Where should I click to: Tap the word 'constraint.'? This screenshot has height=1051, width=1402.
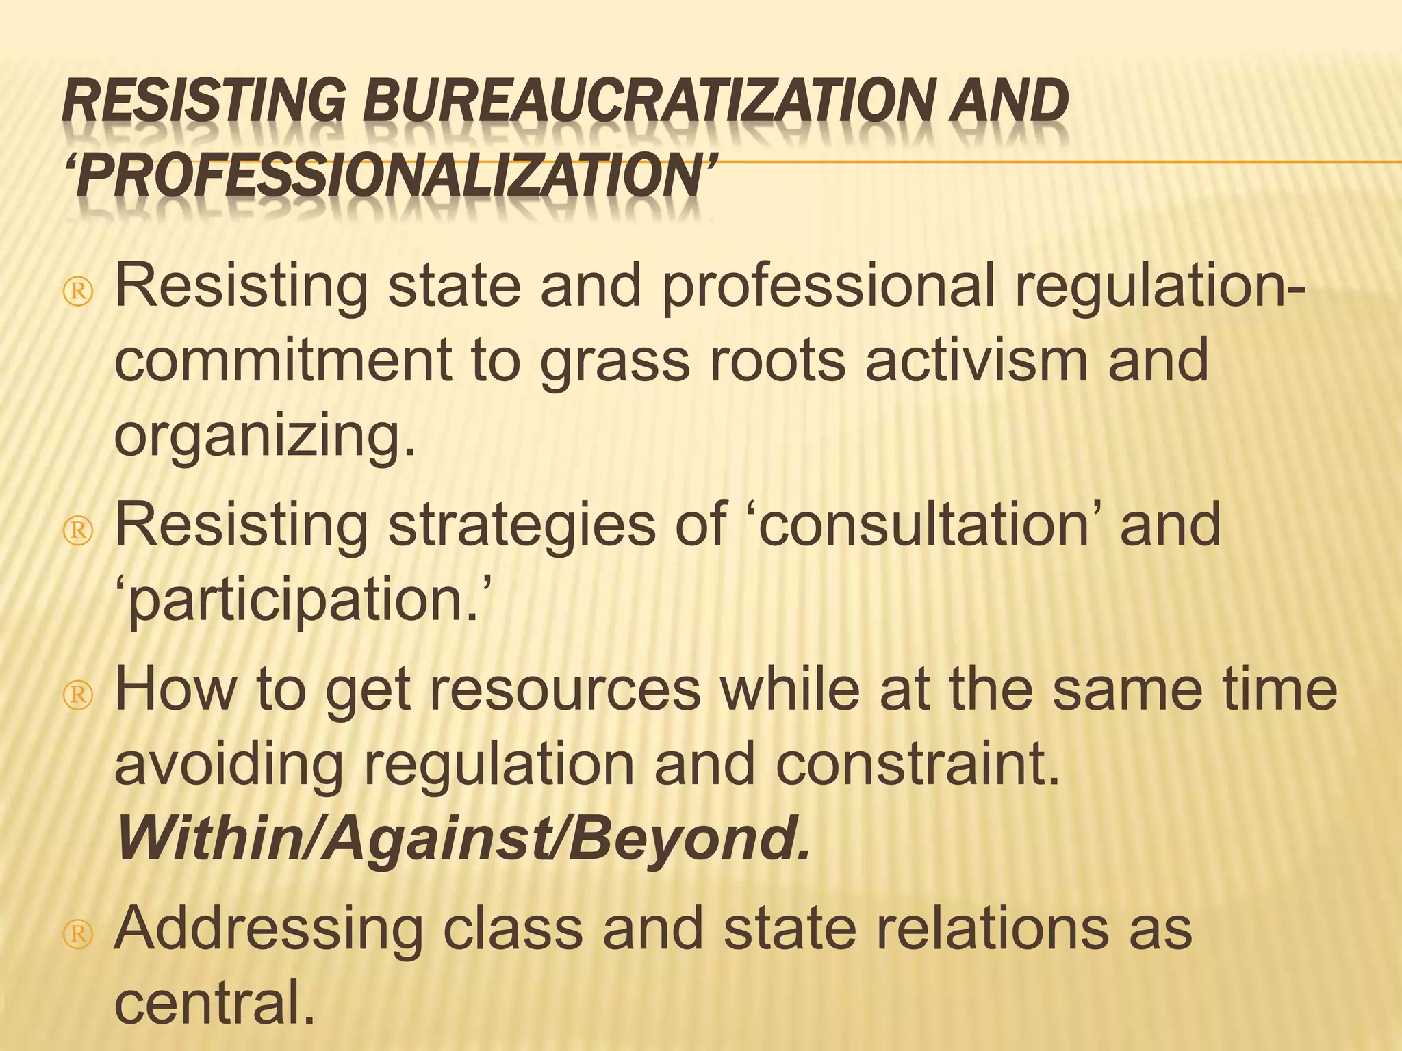point(917,765)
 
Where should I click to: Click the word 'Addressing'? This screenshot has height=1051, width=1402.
point(268,929)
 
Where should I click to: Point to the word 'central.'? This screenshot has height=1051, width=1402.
point(215,1003)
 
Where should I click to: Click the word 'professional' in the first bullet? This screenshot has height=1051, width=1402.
point(828,286)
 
